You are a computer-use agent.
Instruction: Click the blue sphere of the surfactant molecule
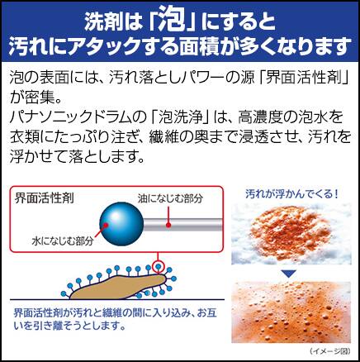[121, 224]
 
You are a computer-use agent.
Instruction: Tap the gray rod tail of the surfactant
[182, 225]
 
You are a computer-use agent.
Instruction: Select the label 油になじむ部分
[170, 198]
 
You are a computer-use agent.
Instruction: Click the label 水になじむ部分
[63, 241]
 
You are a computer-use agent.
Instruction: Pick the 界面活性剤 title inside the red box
[45, 198]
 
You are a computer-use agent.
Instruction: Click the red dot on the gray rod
[168, 225]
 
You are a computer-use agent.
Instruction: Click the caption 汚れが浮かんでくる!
[291, 194]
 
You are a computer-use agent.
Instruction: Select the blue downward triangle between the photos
[289, 274]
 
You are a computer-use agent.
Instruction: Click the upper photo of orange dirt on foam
[291, 234]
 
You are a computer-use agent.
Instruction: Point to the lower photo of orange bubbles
[291, 312]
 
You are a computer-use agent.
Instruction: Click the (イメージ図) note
[330, 350]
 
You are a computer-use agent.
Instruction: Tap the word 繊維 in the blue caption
[112, 312]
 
